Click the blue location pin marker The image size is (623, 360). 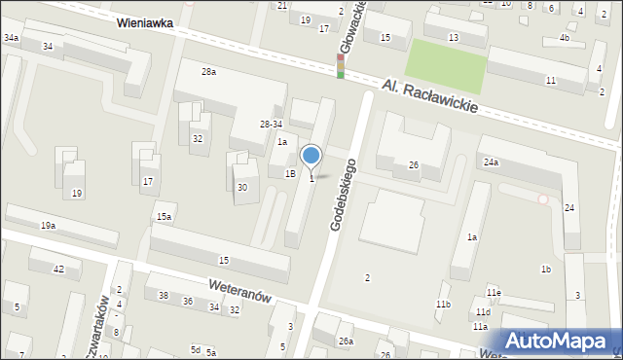[x=311, y=156]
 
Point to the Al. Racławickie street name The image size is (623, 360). [x=429, y=95]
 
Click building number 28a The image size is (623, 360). [x=208, y=72]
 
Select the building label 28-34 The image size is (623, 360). [x=271, y=124]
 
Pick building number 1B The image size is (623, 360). [x=289, y=173]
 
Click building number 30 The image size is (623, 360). [x=241, y=187]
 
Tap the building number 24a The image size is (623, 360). [x=491, y=162]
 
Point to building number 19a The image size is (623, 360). [x=48, y=226]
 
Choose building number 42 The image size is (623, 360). [x=58, y=269]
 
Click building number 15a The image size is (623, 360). [x=165, y=216]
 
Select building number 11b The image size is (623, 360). [x=443, y=305]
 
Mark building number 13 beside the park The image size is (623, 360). [x=454, y=37]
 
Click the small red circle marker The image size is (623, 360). [x=543, y=198]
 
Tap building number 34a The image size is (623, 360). [x=11, y=37]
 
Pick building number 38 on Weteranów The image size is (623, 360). [x=164, y=296]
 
